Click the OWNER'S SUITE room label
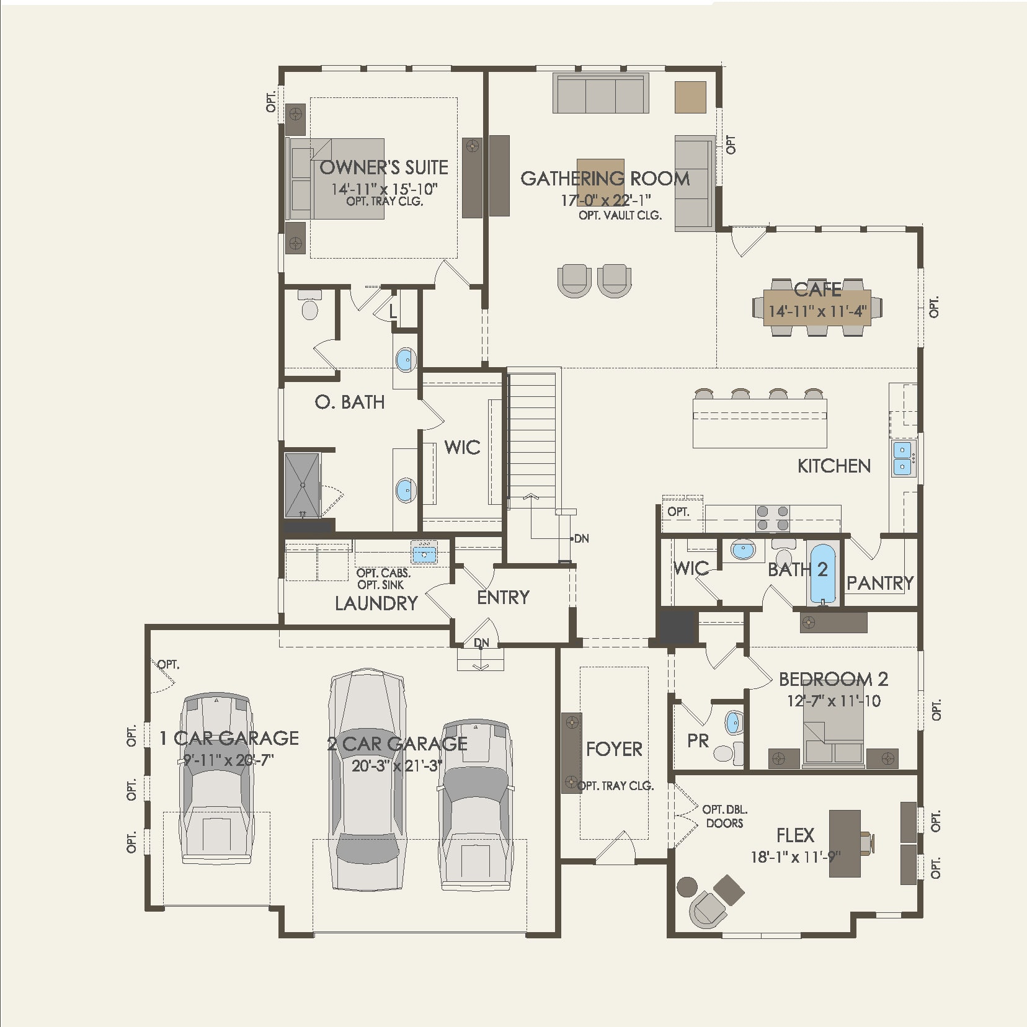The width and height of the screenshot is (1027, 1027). [383, 167]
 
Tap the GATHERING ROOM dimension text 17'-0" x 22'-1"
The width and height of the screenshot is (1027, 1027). [605, 200]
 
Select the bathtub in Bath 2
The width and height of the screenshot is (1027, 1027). [822, 573]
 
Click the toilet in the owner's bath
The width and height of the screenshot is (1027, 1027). [309, 306]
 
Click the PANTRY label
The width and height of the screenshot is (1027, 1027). [879, 583]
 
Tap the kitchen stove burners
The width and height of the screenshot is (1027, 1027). [773, 518]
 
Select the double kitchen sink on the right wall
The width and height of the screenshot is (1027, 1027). [902, 458]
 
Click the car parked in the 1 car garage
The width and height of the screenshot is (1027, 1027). [216, 778]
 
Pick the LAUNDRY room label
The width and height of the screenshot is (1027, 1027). [376, 603]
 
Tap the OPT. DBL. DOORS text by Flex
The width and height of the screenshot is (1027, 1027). [724, 816]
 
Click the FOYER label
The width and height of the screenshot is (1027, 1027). [614, 749]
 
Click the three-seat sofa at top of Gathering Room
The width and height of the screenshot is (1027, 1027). [600, 94]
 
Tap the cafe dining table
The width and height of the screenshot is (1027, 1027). [817, 307]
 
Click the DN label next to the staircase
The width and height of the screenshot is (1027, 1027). [581, 538]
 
